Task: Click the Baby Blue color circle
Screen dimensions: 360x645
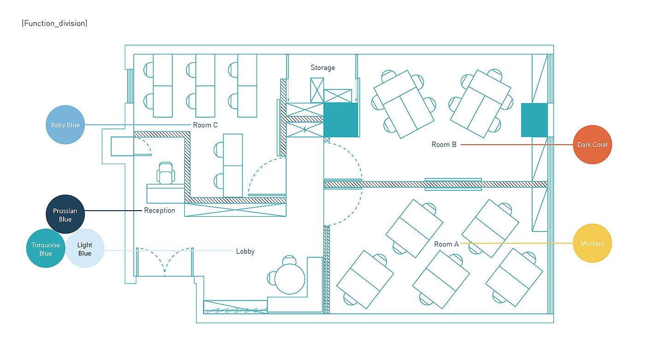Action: [65, 125]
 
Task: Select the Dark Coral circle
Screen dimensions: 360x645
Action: [592, 145]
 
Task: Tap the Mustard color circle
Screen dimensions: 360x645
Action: [592, 243]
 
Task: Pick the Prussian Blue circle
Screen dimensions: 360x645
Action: [65, 214]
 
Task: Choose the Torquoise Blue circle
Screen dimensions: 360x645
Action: [46, 248]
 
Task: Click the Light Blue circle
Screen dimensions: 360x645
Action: [85, 248]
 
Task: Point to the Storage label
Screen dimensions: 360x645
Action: [322, 68]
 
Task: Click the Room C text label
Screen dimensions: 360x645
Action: [205, 125]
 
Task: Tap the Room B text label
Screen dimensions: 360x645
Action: [444, 145]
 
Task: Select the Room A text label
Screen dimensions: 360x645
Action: [446, 244]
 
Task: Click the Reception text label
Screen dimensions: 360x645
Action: [159, 211]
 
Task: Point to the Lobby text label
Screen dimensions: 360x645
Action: [245, 251]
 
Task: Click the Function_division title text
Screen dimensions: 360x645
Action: [54, 23]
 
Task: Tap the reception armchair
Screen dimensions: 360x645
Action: [166, 174]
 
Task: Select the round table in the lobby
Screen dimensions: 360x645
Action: [290, 278]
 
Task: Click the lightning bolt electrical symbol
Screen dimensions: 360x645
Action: [305, 130]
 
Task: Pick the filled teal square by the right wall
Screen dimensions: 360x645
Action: [534, 120]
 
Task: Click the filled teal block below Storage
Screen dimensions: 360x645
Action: [341, 120]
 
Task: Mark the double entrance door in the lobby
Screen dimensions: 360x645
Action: [164, 262]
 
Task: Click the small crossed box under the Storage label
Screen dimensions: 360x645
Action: [317, 90]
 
